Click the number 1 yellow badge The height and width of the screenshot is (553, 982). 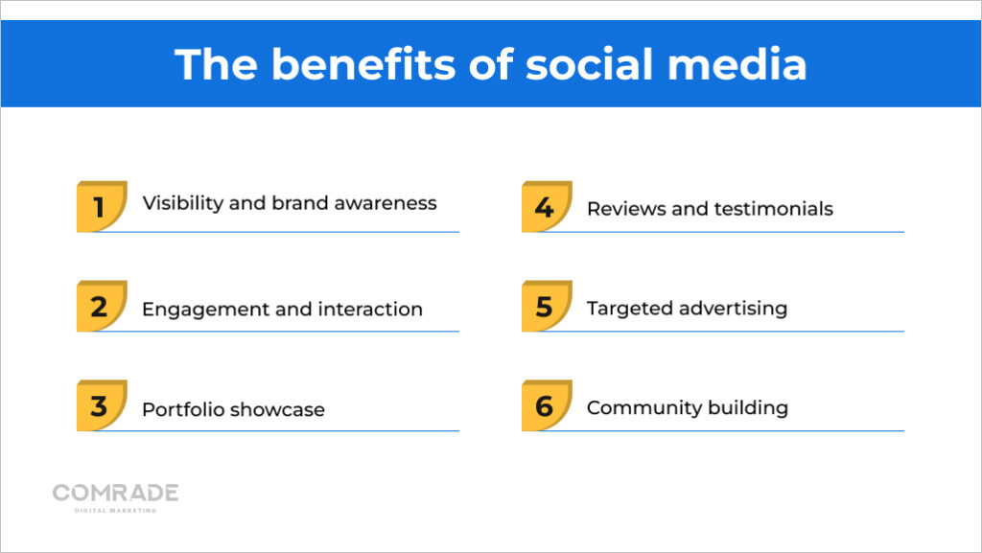101,206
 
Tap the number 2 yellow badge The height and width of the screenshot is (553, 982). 101,306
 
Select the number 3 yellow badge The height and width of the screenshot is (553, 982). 101,405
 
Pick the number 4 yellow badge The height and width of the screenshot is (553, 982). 546,206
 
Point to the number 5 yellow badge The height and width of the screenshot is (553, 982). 546,306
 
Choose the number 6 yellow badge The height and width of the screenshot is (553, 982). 546,405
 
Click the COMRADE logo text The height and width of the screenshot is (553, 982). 115,493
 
